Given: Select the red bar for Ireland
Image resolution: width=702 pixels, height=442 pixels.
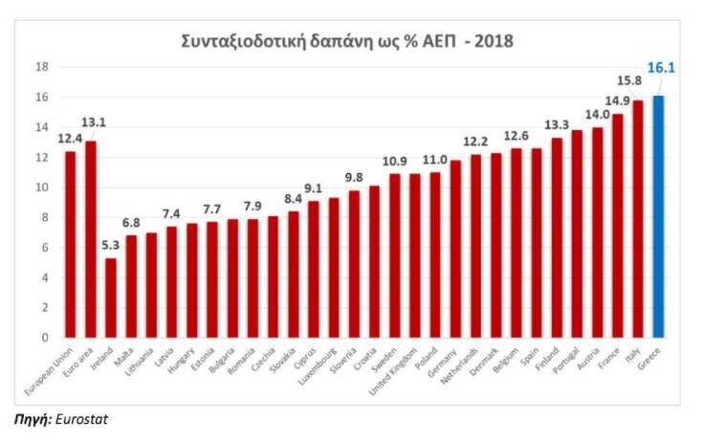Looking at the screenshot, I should click(111, 298).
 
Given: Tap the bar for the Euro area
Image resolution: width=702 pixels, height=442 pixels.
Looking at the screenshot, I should click(91, 239).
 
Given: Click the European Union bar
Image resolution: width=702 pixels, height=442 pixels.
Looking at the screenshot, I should click(71, 244).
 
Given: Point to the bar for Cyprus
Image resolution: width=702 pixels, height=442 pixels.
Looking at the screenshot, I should click(314, 269).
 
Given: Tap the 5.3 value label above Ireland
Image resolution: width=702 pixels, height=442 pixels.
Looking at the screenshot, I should click(110, 246).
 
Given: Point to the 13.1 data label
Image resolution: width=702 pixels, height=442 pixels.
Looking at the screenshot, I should click(94, 122).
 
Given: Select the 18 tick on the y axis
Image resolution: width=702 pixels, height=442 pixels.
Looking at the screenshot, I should click(42, 67).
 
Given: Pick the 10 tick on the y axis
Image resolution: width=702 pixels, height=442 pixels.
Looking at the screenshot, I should click(42, 188).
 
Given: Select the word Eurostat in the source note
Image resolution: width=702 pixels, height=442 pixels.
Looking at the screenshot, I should click(84, 418).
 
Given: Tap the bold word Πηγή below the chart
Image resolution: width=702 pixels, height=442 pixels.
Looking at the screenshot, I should click(31, 418).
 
